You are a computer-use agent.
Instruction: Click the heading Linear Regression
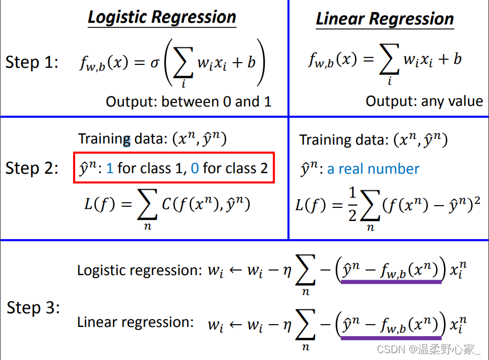tap(385, 19)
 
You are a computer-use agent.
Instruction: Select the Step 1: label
tap(32, 62)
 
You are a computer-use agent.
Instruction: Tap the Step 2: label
tap(32, 168)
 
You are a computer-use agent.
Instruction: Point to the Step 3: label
tap(33, 308)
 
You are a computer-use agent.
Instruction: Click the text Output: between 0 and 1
tap(189, 102)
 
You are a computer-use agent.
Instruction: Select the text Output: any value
tap(424, 101)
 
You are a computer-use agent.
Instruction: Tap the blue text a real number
tap(373, 169)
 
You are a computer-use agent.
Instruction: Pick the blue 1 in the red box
tap(110, 168)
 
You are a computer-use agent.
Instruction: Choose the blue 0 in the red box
tap(195, 168)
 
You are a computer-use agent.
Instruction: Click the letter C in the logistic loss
tap(166, 203)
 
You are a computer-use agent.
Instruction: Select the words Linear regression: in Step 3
tap(135, 322)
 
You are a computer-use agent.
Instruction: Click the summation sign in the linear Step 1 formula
tap(389, 60)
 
